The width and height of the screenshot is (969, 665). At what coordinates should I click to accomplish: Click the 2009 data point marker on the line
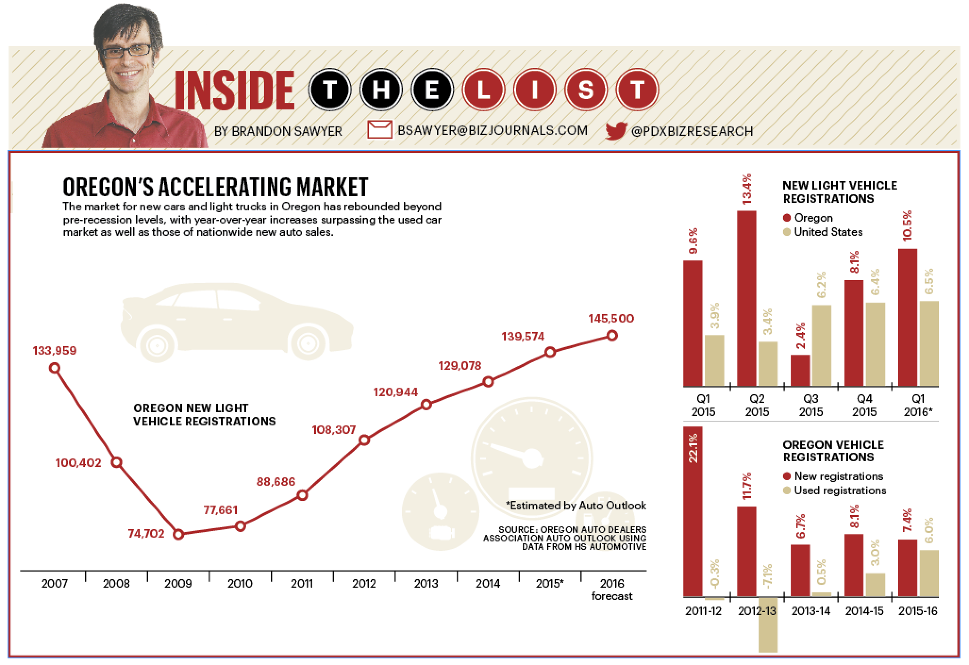pyautogui.click(x=178, y=534)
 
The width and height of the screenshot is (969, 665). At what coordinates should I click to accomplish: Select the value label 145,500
pyautogui.click(x=611, y=318)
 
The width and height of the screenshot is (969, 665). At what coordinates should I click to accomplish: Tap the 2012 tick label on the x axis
pyautogui.click(x=364, y=584)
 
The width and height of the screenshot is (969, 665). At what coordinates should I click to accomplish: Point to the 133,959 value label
pyautogui.click(x=54, y=351)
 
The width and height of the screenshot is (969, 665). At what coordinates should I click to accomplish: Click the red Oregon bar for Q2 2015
pyautogui.click(x=746, y=299)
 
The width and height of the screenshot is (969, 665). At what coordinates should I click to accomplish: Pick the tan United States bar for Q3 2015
pyautogui.click(x=821, y=346)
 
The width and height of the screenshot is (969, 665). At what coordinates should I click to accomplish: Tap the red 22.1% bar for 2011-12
pyautogui.click(x=693, y=512)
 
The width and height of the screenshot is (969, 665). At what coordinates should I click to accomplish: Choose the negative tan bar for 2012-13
pyautogui.click(x=768, y=625)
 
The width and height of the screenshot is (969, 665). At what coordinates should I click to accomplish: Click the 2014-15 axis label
pyautogui.click(x=864, y=611)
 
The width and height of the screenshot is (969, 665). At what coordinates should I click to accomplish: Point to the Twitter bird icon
pyautogui.click(x=616, y=131)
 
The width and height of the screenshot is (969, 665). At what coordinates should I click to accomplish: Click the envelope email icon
pyautogui.click(x=379, y=130)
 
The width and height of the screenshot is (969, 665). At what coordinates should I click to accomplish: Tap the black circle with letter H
pyautogui.click(x=380, y=90)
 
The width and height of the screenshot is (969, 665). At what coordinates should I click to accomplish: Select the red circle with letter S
pyautogui.click(x=585, y=90)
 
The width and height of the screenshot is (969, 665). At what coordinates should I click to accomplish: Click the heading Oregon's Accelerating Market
pyautogui.click(x=215, y=187)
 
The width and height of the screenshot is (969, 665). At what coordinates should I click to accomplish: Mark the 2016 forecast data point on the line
pyautogui.click(x=612, y=336)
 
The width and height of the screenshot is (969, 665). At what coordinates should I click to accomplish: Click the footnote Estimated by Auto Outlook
pyautogui.click(x=576, y=506)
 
